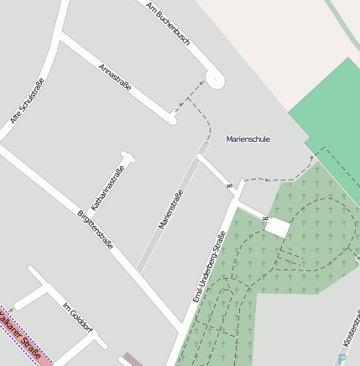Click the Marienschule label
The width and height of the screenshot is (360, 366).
pyautogui.click(x=248, y=139)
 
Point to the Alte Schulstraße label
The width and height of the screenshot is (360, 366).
pyautogui.click(x=27, y=102)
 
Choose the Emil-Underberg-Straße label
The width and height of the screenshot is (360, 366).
pyautogui.click(x=209, y=266)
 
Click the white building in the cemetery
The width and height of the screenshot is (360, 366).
pyautogui.click(x=277, y=227)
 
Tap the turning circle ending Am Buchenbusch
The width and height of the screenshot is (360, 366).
pyautogui.click(x=215, y=80)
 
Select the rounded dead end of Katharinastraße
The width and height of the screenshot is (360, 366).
pyautogui.click(x=127, y=156)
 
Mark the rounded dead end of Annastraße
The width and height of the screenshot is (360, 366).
pyautogui.click(x=171, y=119)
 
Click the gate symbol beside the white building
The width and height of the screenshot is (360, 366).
pyautogui.click(x=265, y=218)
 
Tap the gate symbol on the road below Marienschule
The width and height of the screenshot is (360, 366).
pyautogui.click(x=228, y=185)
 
